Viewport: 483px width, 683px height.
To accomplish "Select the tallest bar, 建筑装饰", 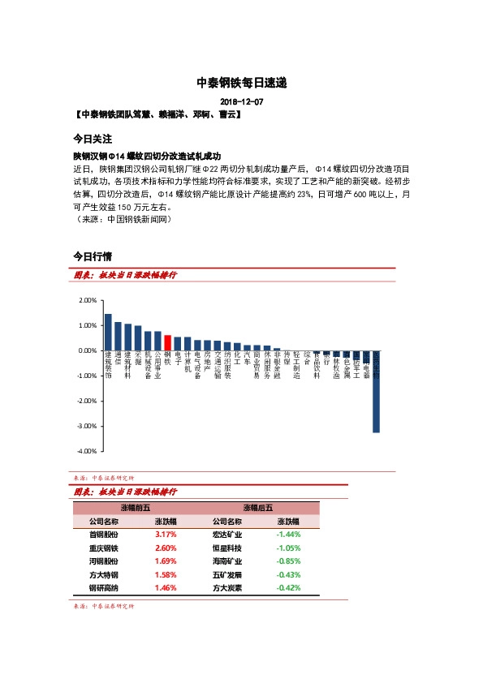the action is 108,333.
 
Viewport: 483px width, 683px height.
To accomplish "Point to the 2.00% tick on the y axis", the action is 86,300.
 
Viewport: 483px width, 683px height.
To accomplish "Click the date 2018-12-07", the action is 242,101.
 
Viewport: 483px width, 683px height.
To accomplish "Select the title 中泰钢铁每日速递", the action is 242,83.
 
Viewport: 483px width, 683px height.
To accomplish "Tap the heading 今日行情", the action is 92,256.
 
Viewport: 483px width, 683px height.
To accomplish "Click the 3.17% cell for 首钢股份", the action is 166,535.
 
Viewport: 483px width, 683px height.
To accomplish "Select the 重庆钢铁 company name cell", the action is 103,548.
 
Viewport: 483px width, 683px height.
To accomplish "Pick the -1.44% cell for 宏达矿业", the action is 288,535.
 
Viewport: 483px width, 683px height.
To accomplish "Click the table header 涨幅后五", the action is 257,508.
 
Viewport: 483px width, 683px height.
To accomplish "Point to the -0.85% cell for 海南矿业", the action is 288,561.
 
